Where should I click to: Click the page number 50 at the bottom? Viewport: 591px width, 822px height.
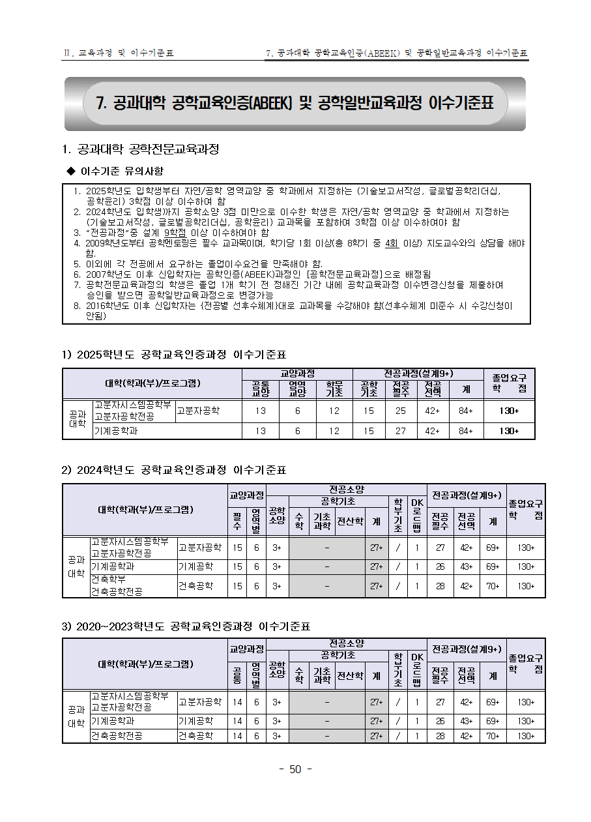[295, 769]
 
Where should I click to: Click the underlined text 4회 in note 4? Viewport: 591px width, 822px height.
[392, 243]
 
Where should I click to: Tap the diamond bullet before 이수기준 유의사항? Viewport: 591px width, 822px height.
[72, 171]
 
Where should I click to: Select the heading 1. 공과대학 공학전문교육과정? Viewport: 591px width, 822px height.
[140, 149]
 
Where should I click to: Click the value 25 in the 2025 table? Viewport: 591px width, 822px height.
[400, 411]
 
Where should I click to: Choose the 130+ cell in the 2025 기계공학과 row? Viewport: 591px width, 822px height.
[509, 431]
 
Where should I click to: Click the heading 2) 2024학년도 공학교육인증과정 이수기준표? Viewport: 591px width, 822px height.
[173, 470]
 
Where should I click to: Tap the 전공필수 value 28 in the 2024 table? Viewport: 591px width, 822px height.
[440, 586]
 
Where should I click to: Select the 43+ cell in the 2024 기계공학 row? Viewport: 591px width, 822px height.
[466, 566]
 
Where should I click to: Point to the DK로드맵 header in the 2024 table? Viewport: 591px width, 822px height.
[417, 515]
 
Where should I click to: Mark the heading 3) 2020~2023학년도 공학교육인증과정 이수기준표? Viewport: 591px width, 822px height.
[186, 626]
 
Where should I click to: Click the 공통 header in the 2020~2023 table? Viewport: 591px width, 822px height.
[237, 675]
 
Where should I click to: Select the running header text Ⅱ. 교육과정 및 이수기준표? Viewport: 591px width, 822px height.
[118, 53]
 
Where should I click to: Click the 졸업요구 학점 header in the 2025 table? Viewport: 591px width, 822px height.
[509, 383]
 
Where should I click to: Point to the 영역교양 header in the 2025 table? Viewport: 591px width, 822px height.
[297, 389]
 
